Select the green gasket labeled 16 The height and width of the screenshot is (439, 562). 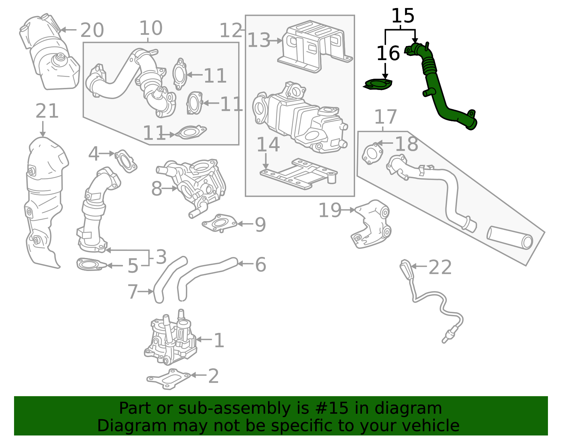coord(378,85)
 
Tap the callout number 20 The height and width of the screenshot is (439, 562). coord(92,30)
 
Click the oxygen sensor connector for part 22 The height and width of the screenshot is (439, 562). coord(406,270)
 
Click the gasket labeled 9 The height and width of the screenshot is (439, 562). coord(220,223)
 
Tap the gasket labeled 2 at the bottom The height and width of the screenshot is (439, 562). coord(169,379)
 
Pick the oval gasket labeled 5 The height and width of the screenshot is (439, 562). coord(90,264)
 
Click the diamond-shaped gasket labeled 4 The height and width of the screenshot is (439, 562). coord(126,161)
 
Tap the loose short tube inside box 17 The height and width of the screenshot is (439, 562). coord(509,238)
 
